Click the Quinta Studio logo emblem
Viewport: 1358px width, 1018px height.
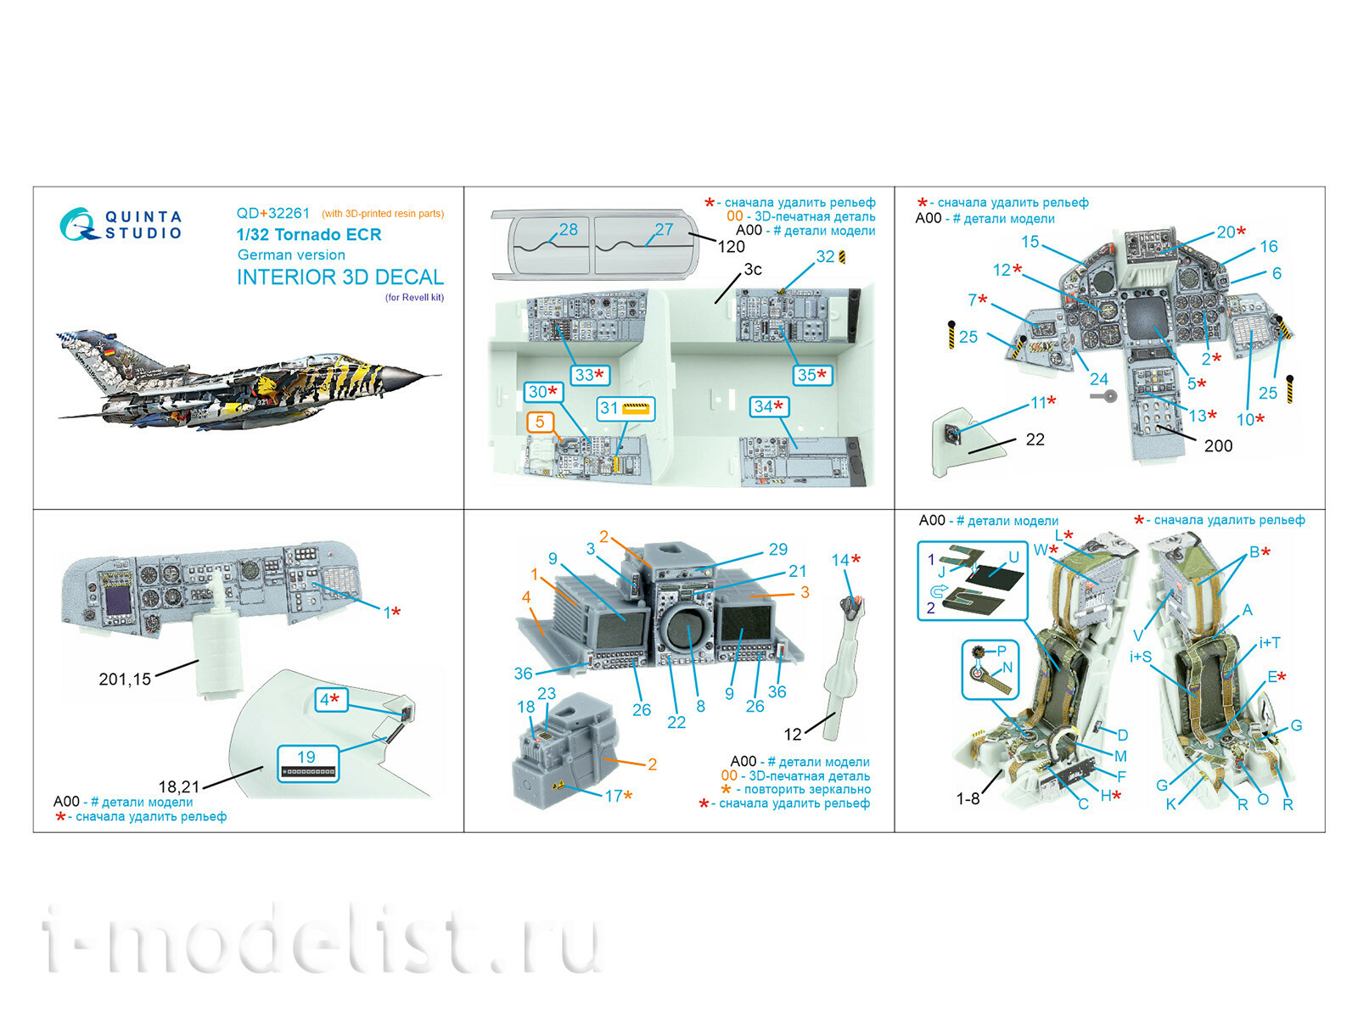click(x=77, y=225)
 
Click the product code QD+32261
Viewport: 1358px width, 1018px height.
click(x=272, y=214)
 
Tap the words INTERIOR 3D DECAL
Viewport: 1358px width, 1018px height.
click(x=339, y=277)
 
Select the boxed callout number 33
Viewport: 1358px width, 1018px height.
click(x=588, y=375)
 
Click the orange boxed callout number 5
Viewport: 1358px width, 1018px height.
click(x=540, y=422)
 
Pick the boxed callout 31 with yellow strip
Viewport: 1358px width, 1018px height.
click(x=626, y=409)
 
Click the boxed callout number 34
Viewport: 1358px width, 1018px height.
click(x=768, y=407)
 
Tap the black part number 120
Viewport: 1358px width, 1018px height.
click(x=731, y=247)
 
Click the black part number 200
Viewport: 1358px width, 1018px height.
click(x=1218, y=446)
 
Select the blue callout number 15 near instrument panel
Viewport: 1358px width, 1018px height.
click(x=1030, y=242)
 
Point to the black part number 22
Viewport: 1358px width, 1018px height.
click(x=1035, y=439)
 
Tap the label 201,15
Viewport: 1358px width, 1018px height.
click(x=125, y=680)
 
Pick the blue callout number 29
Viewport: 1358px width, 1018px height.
click(x=777, y=550)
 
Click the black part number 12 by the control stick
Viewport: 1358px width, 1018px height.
click(x=792, y=735)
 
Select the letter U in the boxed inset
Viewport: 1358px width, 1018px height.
click(x=1013, y=557)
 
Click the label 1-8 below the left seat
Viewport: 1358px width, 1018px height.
click(x=968, y=799)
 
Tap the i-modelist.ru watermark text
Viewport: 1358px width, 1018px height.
click(x=323, y=942)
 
